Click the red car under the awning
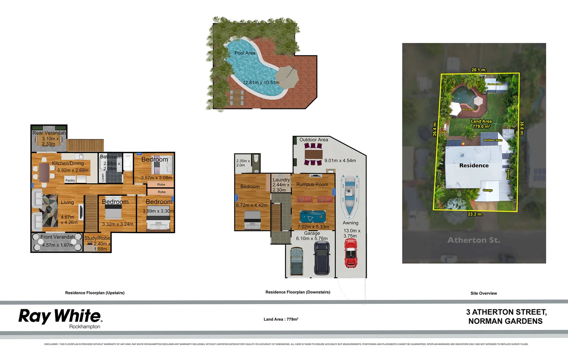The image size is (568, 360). (350, 253)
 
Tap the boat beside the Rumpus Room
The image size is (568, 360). (349, 195)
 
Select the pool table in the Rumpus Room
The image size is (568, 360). (312, 217)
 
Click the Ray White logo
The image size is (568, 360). (60, 317)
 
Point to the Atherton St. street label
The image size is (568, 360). (473, 240)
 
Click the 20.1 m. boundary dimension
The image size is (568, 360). (479, 70)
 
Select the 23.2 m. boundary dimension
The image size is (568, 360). (475, 214)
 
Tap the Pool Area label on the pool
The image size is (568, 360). (245, 53)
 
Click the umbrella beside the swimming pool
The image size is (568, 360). (287, 77)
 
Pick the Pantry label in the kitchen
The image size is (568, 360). (70, 180)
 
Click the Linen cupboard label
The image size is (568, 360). (103, 177)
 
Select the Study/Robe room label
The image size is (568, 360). (97, 238)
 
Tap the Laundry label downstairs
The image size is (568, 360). (281, 180)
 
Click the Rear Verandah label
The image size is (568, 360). (49, 133)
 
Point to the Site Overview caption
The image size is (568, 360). (483, 293)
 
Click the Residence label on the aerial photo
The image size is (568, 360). (474, 166)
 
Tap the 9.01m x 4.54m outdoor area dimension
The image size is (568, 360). (340, 161)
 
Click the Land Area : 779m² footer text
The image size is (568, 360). (281, 319)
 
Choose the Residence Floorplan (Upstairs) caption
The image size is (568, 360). (95, 293)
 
